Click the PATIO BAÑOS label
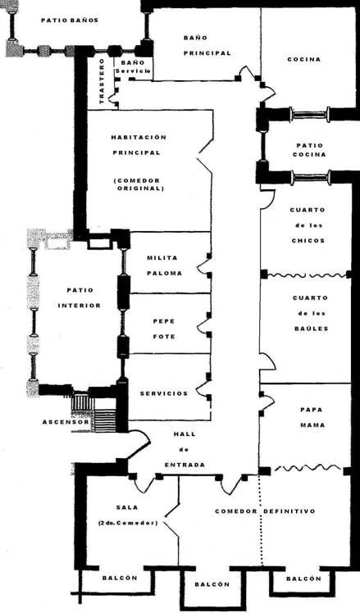[x=70, y=20]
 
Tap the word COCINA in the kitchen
[x=304, y=60]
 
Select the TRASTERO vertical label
[x=103, y=81]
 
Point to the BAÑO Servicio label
[x=133, y=66]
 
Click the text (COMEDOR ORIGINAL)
[x=137, y=184]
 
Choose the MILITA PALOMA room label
[x=164, y=266]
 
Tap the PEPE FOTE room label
[x=164, y=329]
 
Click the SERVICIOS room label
[x=164, y=393]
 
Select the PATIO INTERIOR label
[x=80, y=298]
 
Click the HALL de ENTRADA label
[x=185, y=450]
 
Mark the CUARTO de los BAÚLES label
[x=310, y=313]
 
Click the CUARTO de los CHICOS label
[x=308, y=225]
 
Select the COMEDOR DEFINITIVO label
[x=265, y=511]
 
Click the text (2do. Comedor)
[x=127, y=523]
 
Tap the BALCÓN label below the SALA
[x=120, y=578]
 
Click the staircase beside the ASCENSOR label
[x=94, y=412]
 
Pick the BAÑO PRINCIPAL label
[x=207, y=45]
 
